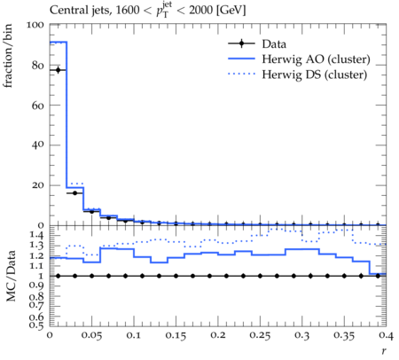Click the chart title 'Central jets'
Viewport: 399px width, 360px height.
click(80, 11)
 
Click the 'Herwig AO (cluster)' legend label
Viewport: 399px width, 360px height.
click(316, 59)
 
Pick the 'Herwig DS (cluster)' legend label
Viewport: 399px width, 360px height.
click(315, 74)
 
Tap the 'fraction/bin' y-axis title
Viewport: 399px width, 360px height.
click(8, 56)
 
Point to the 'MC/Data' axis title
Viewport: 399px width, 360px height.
click(11, 276)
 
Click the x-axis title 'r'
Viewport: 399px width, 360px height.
click(384, 350)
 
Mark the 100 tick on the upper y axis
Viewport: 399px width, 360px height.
click(35, 25)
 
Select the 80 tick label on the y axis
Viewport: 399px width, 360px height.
click(38, 66)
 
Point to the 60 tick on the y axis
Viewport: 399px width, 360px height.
click(38, 106)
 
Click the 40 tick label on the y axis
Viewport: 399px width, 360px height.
click(38, 145)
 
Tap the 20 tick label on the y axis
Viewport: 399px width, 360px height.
click(38, 185)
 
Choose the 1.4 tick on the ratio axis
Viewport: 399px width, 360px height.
click(36, 236)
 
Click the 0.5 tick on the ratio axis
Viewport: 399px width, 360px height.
click(36, 325)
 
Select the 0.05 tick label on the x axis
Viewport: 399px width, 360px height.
click(91, 335)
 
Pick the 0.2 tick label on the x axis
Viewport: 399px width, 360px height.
click(218, 335)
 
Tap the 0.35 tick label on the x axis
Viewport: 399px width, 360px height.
click(344, 335)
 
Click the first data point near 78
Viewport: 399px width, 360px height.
click(58, 70)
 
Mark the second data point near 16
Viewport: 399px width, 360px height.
click(74, 193)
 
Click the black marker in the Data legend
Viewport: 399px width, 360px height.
click(241, 43)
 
